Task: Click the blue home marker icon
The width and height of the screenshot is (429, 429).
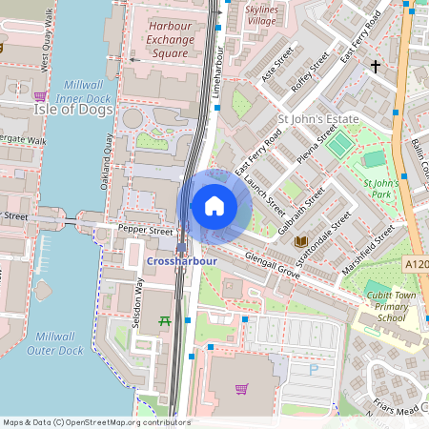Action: point(214,206)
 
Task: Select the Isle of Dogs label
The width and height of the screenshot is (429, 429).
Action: point(73,110)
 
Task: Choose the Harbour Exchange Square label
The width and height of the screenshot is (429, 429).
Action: point(170,40)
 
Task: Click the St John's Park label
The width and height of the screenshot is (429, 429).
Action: point(379,188)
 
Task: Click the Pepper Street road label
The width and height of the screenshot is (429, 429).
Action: point(146,231)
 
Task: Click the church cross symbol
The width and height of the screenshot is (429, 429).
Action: point(376,66)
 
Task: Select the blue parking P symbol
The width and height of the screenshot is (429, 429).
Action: point(314,368)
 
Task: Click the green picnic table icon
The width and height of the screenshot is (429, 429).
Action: point(164,320)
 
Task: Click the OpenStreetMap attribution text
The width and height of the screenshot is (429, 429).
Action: point(95,422)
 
